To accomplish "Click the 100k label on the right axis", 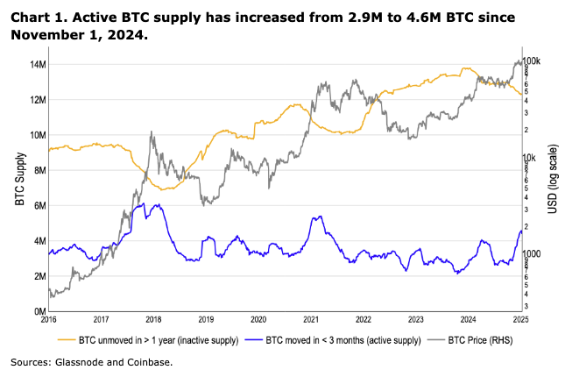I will [x=533, y=60].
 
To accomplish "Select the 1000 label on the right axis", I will [x=533, y=254].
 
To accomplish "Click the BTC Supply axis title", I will [x=18, y=187].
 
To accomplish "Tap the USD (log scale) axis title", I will [x=554, y=187].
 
